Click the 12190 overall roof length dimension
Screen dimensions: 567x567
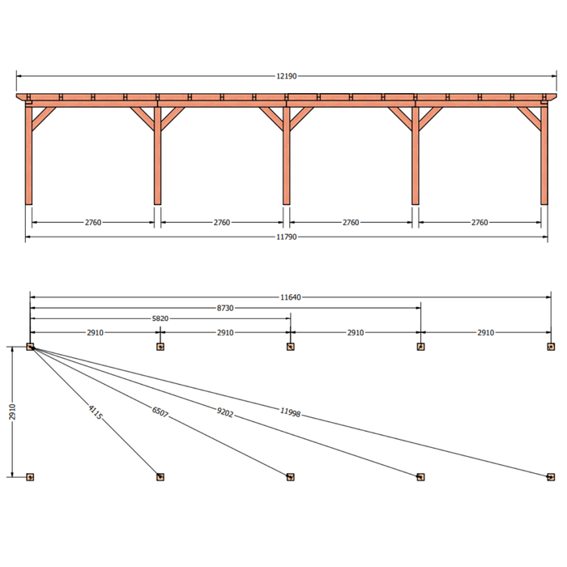[x=287, y=76]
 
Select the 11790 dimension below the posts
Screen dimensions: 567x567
[x=287, y=237]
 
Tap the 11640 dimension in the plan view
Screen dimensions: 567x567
[x=290, y=297]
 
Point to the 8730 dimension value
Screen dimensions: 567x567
[x=225, y=308]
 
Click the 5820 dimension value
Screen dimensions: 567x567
[x=160, y=318]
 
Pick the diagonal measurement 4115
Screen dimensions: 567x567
[x=95, y=412]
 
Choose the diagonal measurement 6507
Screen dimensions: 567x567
[x=160, y=411]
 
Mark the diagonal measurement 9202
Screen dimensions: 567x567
[x=225, y=412]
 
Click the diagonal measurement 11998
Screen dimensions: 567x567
[x=290, y=412]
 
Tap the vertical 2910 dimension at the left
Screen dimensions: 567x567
[x=12, y=411]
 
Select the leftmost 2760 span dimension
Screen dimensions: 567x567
[x=93, y=223]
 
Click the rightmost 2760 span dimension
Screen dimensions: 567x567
[x=480, y=223]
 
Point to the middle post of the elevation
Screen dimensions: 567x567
[x=287, y=156]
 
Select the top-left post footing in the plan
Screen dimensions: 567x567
[x=30, y=347]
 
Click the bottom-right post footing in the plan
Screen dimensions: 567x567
[x=551, y=477]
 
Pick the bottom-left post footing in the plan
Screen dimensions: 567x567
[x=30, y=477]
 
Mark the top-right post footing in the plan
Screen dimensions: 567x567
[x=551, y=347]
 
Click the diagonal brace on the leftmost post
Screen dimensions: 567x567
[x=44, y=118]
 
